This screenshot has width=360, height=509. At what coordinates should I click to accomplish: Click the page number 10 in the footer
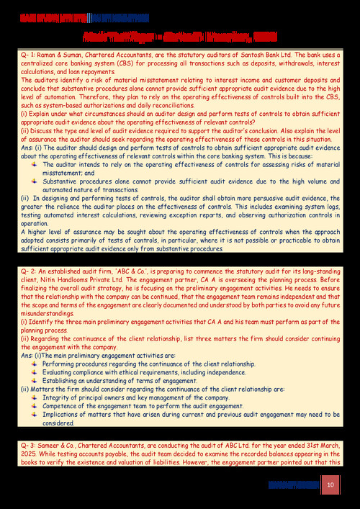click(x=330, y=485)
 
